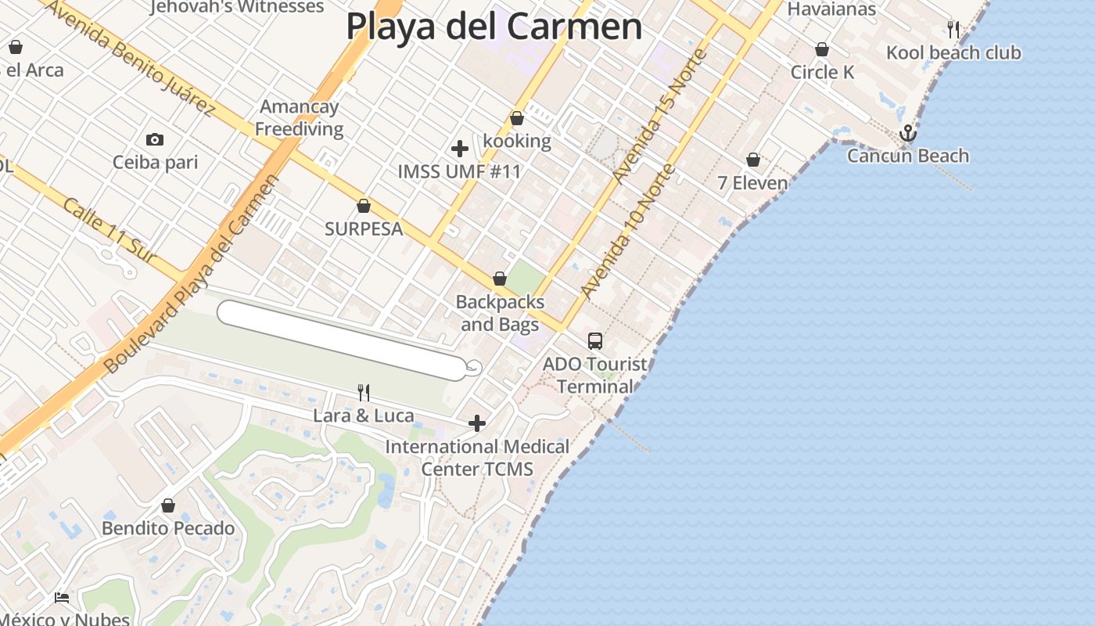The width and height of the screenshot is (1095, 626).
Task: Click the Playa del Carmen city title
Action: click(494, 27)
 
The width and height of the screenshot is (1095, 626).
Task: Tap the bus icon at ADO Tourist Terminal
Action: click(595, 341)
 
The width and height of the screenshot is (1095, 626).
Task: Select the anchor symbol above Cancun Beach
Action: click(907, 133)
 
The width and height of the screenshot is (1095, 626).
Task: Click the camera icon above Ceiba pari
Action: click(155, 140)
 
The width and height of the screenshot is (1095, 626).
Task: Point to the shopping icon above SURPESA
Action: click(364, 207)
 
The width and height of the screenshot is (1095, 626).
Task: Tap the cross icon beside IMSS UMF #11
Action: click(460, 149)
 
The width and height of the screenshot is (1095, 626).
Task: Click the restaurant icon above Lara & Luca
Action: click(364, 392)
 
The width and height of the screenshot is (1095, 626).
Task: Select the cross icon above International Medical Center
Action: click(477, 424)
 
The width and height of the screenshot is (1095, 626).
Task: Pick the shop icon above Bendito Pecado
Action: click(168, 506)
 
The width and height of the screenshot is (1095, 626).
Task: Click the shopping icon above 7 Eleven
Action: click(753, 160)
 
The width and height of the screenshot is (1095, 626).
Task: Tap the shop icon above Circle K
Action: click(822, 50)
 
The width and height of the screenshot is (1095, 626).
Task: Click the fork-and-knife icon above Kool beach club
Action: click(953, 30)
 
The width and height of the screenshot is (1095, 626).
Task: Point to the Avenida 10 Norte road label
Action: click(627, 232)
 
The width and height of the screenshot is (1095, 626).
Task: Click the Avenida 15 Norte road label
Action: click(660, 117)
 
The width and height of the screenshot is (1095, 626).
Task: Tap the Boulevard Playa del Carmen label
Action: click(192, 274)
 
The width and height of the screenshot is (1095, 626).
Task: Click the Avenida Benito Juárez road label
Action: click(130, 59)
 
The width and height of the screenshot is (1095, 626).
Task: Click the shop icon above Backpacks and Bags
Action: click(500, 279)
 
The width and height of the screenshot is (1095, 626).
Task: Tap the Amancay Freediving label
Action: click(300, 118)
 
